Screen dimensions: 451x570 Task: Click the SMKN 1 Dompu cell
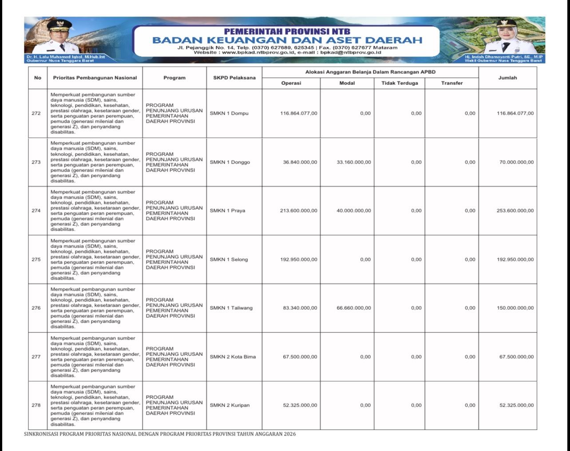pyautogui.click(x=229, y=113)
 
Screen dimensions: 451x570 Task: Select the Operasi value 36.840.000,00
pyautogui.click(x=300, y=162)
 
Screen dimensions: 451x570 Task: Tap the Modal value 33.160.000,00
pyautogui.click(x=354, y=162)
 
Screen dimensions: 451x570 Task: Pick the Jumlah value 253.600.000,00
pyautogui.click(x=515, y=211)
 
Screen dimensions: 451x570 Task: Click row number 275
pyautogui.click(x=36, y=259)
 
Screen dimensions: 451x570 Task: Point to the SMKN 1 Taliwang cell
pyautogui.click(x=231, y=308)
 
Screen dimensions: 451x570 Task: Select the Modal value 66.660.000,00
pyautogui.click(x=354, y=308)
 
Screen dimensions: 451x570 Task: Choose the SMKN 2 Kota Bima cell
pyautogui.click(x=233, y=357)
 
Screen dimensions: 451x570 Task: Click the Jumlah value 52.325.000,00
pyautogui.click(x=516, y=405)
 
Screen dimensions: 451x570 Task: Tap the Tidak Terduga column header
pyautogui.click(x=400, y=83)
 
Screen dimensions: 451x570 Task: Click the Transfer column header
pyautogui.click(x=452, y=83)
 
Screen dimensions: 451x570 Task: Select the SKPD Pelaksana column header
pyautogui.click(x=234, y=78)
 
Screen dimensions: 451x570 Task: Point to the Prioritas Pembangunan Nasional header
pyautogui.click(x=95, y=78)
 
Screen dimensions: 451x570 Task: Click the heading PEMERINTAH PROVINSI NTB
pyautogui.click(x=287, y=32)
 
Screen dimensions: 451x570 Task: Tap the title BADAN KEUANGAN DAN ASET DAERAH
pyautogui.click(x=287, y=40)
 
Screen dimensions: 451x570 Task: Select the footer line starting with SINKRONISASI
pyautogui.click(x=160, y=434)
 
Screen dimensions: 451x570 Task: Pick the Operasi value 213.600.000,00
pyautogui.click(x=298, y=211)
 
